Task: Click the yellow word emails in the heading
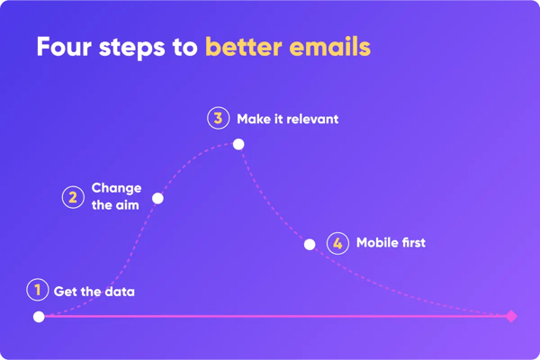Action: [331, 47]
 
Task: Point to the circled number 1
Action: [37, 290]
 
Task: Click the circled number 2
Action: [73, 197]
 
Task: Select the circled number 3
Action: [218, 118]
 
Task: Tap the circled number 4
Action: [337, 243]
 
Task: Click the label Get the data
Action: [94, 291]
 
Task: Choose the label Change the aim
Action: [116, 197]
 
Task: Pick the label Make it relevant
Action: [287, 119]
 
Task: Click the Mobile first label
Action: [391, 243]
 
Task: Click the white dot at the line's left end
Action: [39, 317]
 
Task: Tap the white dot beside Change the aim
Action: [157, 198]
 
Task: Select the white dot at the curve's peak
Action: [238, 144]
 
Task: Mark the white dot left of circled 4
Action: [310, 245]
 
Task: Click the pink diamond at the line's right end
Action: [511, 316]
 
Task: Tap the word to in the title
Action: [185, 47]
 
